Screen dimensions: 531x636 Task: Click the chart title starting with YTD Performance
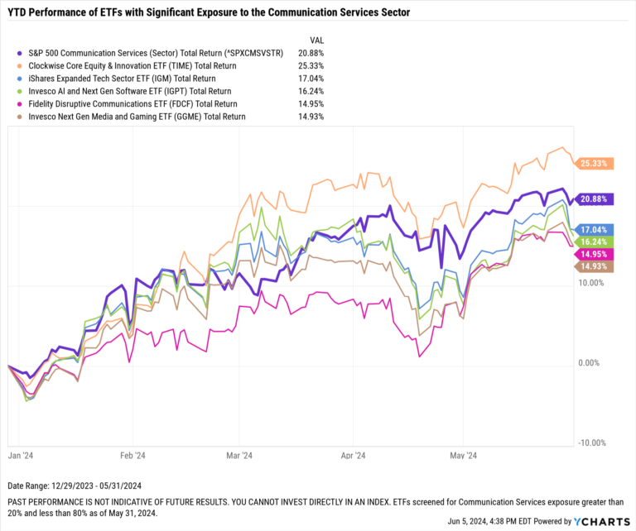tap(207, 13)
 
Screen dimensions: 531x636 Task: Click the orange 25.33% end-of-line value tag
tap(595, 164)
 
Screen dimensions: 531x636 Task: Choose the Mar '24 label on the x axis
tap(239, 455)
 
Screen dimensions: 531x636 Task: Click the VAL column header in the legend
tap(316, 40)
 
